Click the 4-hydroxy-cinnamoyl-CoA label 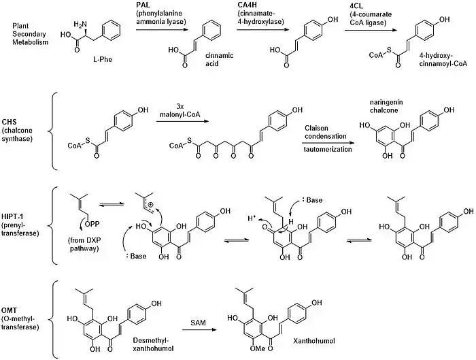[444, 67]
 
